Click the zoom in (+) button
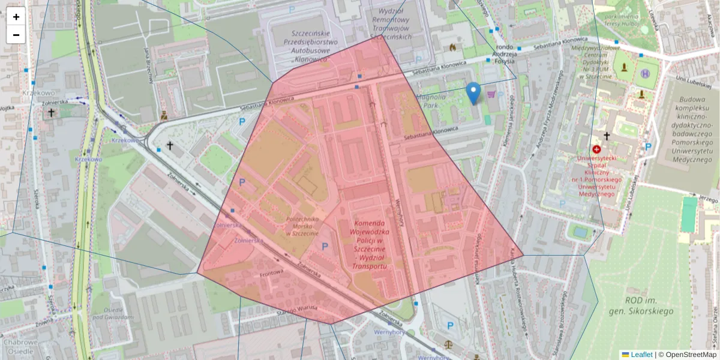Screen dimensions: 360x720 pyautogui.click(x=16, y=17)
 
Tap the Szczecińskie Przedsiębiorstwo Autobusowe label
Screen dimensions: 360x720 pyautogui.click(x=314, y=46)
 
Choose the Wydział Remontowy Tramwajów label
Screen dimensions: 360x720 pyautogui.click(x=391, y=23)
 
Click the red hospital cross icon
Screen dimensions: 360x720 pyautogui.click(x=596, y=149)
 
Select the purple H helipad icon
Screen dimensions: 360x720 pyautogui.click(x=646, y=73)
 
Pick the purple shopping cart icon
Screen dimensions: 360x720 pyautogui.click(x=492, y=94)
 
